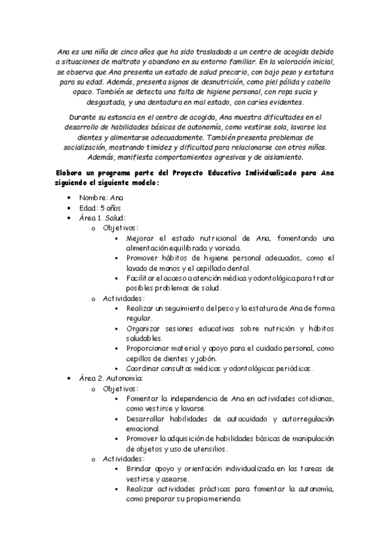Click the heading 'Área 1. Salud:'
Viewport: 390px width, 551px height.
[x=102, y=218]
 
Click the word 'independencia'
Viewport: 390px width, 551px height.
[x=184, y=398]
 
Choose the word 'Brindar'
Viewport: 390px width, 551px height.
[x=140, y=468]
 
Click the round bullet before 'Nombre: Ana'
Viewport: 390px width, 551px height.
[x=69, y=198]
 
